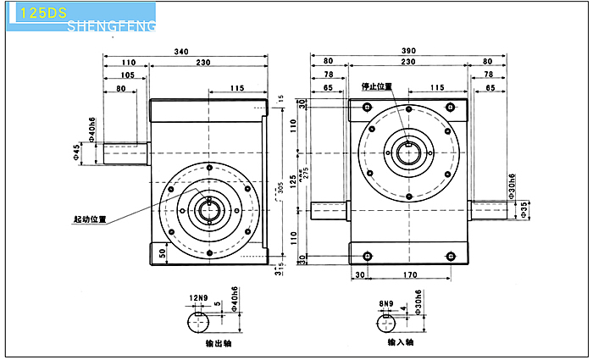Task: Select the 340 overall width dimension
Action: (181, 52)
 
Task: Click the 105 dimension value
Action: (127, 75)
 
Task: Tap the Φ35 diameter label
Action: (526, 208)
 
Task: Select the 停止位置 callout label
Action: (377, 86)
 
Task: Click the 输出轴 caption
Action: (219, 343)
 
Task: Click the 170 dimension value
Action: (410, 275)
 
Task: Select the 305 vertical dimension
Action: (281, 188)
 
